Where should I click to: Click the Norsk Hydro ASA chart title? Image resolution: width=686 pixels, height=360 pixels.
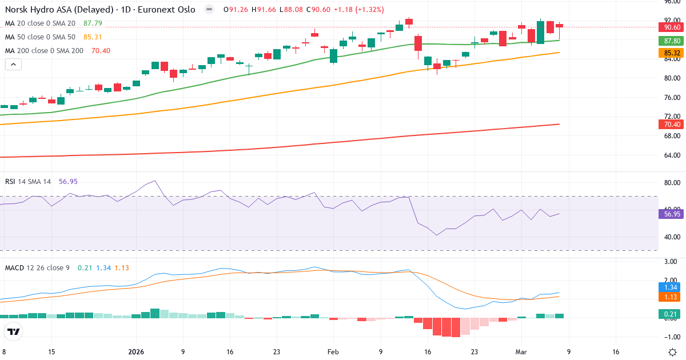click(x=100, y=10)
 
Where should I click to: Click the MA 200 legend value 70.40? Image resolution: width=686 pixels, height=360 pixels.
click(x=101, y=51)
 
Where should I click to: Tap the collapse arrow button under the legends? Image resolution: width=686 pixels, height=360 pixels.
click(x=13, y=65)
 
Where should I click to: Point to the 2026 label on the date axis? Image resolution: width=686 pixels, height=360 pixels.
click(x=136, y=352)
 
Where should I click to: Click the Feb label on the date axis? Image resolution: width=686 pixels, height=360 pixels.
click(x=334, y=352)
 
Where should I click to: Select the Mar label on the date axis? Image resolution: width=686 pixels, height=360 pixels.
click(x=521, y=352)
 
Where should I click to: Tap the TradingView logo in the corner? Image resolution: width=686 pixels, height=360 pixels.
click(x=14, y=331)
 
